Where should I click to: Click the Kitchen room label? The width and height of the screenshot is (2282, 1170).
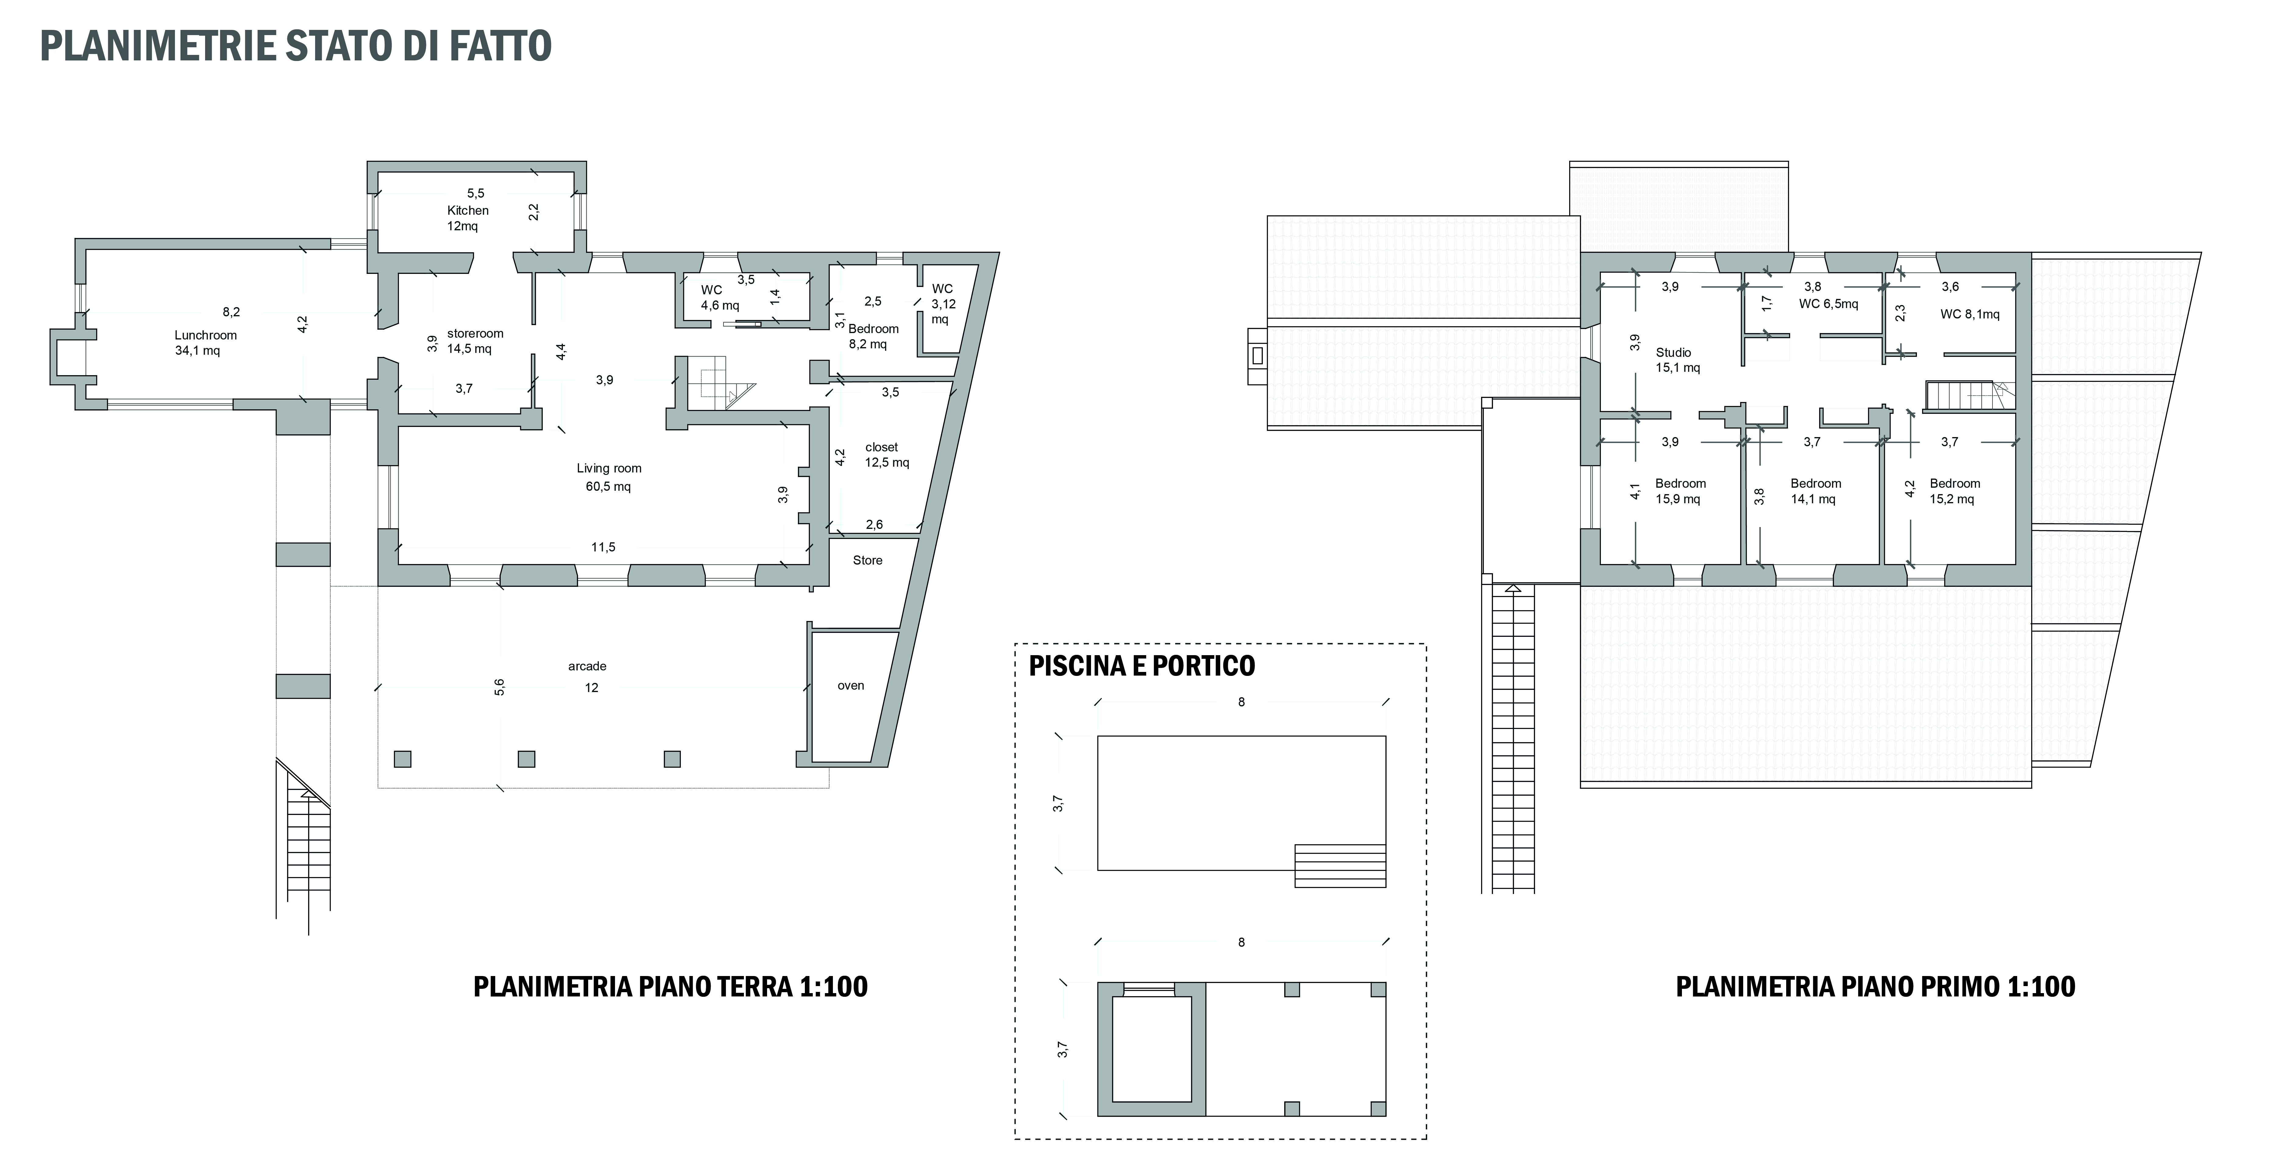pyautogui.click(x=468, y=210)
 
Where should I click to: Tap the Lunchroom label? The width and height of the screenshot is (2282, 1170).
pyautogui.click(x=205, y=335)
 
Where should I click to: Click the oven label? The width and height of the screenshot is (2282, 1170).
pyautogui.click(x=851, y=685)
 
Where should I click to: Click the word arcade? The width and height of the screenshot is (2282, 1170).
pyautogui.click(x=587, y=666)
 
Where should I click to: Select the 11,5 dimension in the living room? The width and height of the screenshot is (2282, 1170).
pyautogui.click(x=603, y=547)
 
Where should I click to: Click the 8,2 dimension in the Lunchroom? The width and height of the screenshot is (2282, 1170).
pyautogui.click(x=231, y=312)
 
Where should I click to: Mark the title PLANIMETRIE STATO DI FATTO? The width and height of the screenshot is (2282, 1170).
pyautogui.click(x=296, y=46)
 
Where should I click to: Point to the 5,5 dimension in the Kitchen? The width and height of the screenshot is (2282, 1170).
pyautogui.click(x=476, y=193)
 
